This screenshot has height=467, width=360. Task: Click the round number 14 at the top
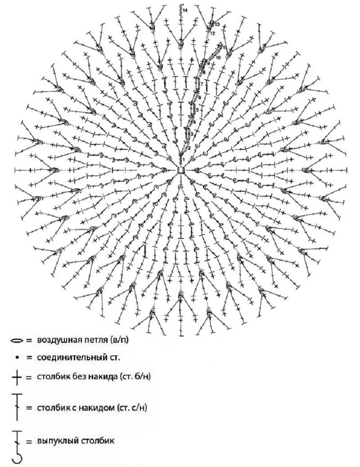(185, 10)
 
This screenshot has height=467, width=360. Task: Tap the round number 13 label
(217, 24)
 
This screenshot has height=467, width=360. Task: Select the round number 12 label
(213, 33)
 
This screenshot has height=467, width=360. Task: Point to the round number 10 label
(218, 58)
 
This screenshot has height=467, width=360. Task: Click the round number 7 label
(202, 84)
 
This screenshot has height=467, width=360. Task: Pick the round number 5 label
(197, 109)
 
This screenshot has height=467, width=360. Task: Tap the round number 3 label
(192, 134)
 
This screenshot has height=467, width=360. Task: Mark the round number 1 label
(184, 159)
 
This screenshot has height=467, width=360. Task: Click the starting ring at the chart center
(180, 170)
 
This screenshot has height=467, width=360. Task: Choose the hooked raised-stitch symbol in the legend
(18, 446)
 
